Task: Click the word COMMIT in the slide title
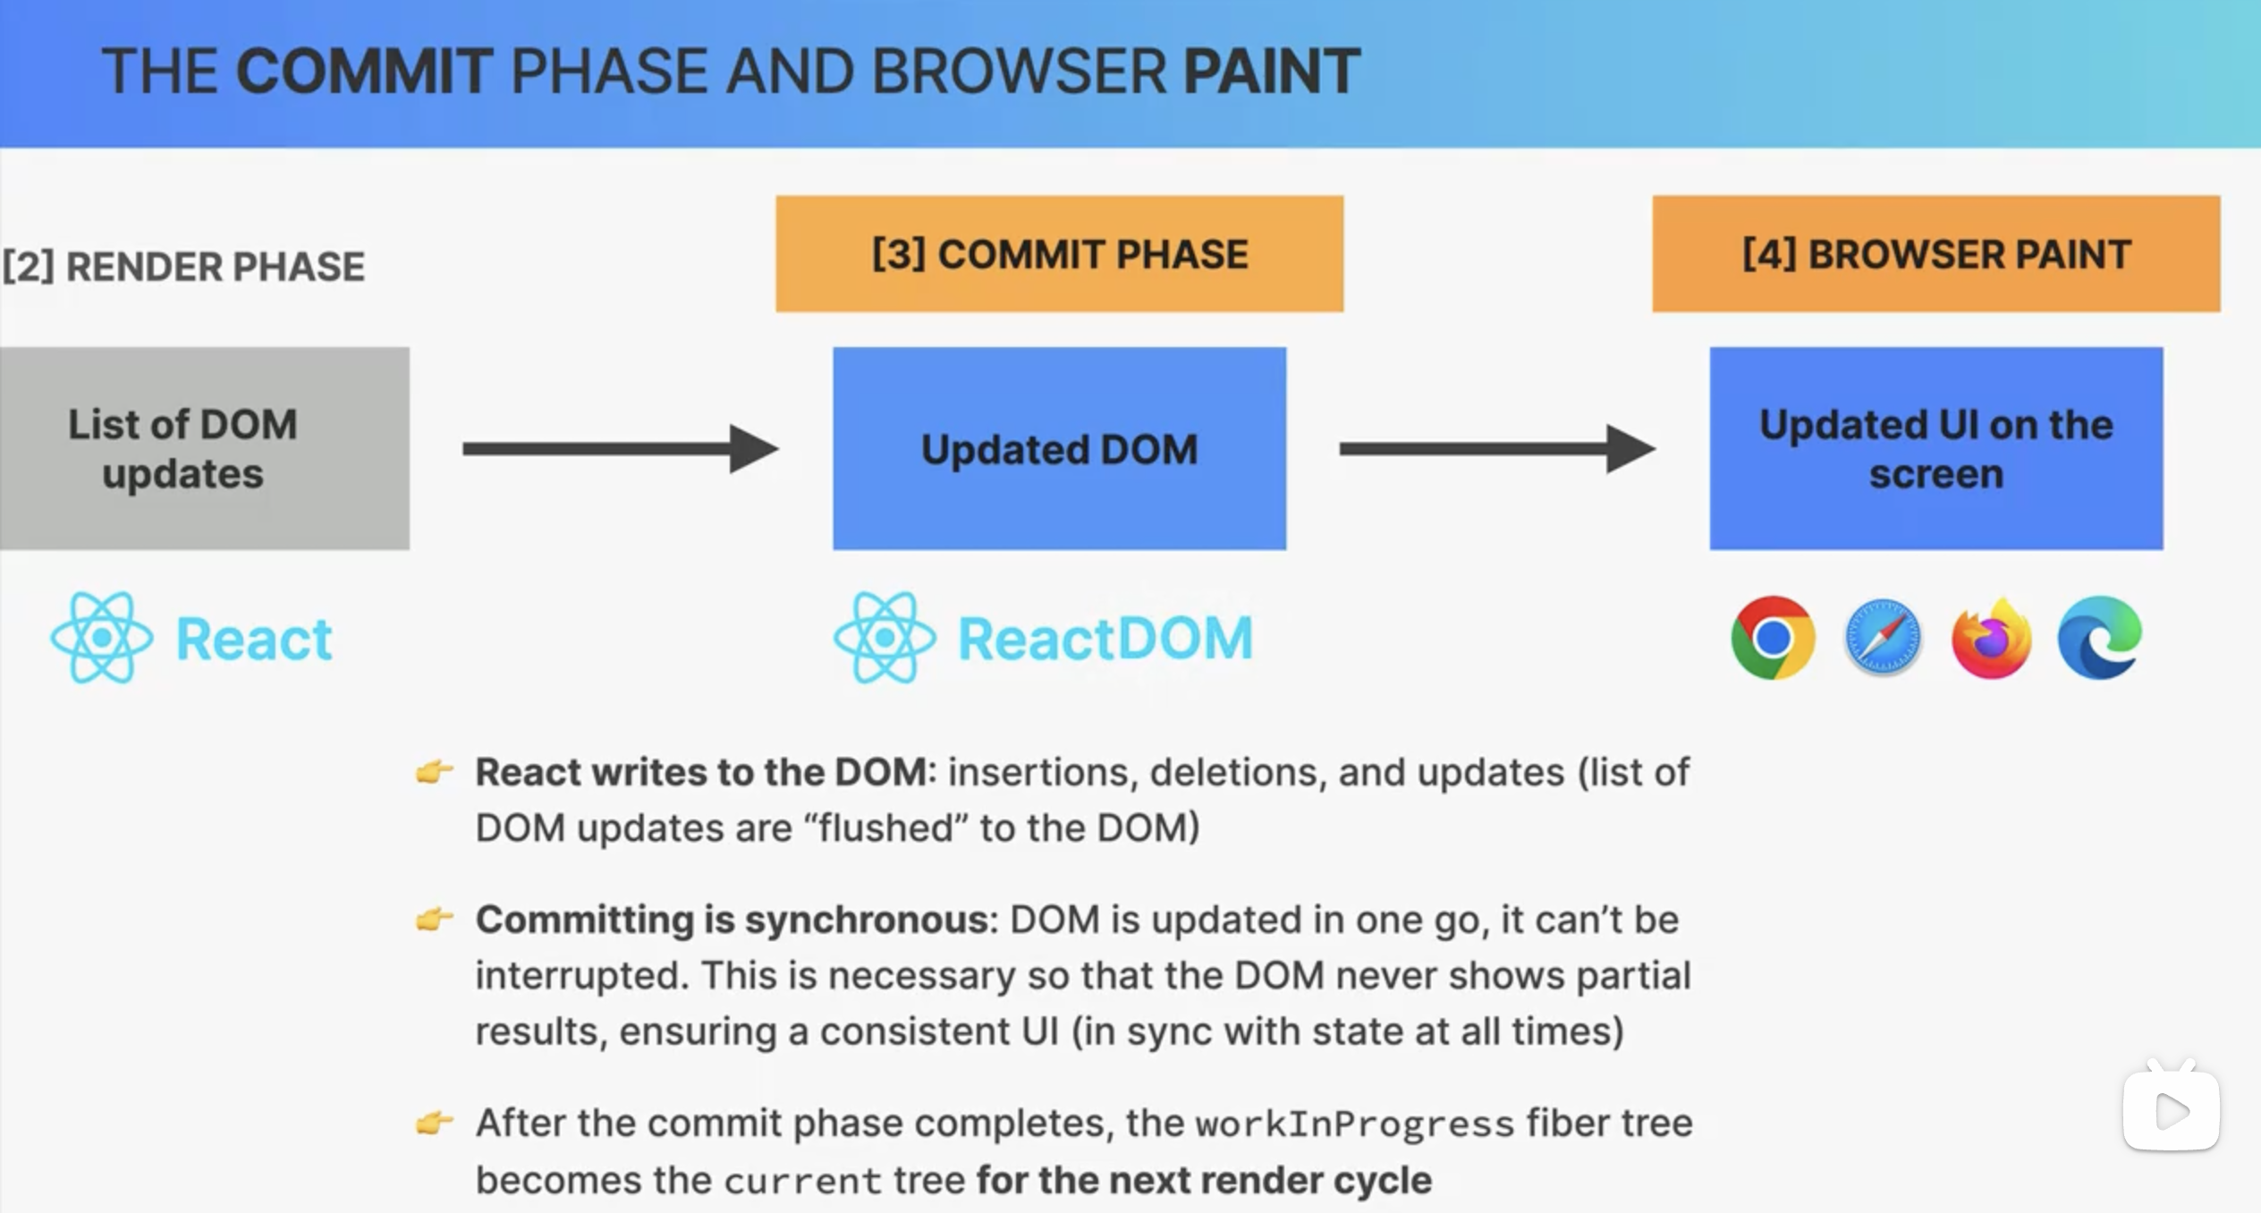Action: click(363, 72)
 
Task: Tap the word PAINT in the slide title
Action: click(1272, 72)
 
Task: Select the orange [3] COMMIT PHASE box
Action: click(1060, 254)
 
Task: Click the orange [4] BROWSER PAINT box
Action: click(1936, 254)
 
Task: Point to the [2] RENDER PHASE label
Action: click(183, 267)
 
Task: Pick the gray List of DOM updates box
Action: click(205, 448)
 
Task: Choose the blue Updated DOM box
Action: click(1060, 448)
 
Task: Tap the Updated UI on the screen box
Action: click(1936, 448)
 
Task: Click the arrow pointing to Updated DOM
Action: click(621, 448)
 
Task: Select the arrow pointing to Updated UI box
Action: click(1498, 448)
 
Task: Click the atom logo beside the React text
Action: click(102, 638)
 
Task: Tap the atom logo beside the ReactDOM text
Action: click(885, 638)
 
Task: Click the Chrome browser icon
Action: click(1773, 638)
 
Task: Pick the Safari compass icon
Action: click(1882, 638)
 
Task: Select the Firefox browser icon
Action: click(1992, 638)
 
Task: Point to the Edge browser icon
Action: click(2100, 638)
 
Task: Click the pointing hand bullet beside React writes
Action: click(435, 771)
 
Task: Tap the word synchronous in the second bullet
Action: click(868, 920)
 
